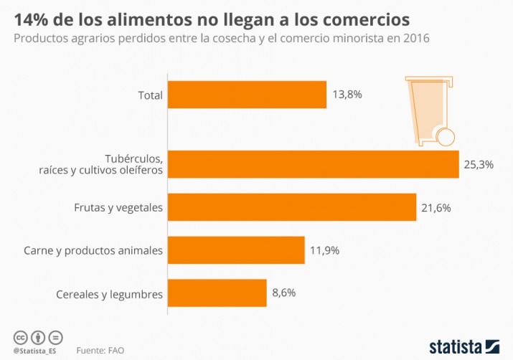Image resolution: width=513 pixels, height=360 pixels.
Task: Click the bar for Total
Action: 247,94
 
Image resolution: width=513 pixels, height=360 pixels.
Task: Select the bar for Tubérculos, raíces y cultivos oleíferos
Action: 313,164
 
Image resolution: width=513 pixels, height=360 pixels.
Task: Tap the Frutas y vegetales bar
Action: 291,207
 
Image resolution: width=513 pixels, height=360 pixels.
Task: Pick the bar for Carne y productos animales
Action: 236,250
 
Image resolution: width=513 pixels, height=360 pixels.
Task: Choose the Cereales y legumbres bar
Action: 217,293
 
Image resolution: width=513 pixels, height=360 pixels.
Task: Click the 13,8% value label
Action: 347,94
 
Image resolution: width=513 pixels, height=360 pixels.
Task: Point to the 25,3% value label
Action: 479,164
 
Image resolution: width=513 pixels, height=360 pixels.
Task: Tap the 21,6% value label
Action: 436,207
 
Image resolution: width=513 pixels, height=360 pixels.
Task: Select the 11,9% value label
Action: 324,250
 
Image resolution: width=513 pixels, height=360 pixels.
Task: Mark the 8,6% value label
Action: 283,293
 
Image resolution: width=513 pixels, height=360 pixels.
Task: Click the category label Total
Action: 150,94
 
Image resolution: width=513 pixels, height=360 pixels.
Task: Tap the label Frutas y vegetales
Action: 118,207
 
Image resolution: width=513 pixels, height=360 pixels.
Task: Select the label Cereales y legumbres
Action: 109,293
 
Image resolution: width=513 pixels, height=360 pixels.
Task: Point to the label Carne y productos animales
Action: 93,250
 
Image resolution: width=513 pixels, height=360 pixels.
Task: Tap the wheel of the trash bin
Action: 446,137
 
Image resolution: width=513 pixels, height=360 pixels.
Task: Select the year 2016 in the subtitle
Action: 415,37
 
